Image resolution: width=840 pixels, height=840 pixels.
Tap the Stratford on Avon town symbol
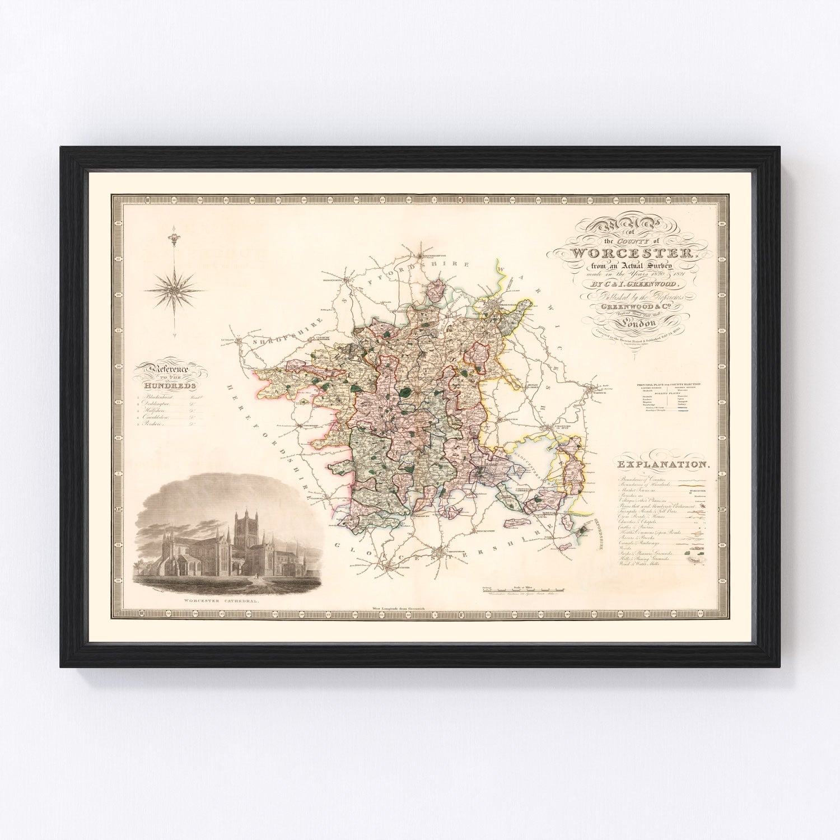tap(566, 430)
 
